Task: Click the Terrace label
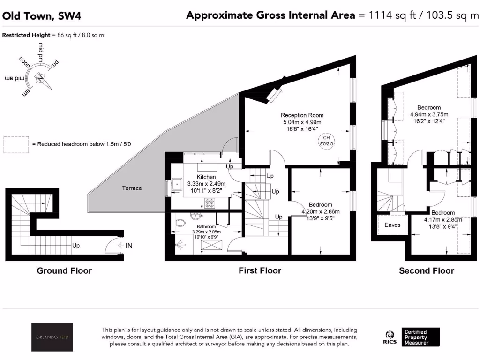point(132,188)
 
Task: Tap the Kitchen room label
point(206,177)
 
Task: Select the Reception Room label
point(302,115)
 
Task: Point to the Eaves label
point(392,225)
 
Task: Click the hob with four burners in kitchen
point(210,203)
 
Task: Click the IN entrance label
point(129,245)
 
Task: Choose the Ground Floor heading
point(64,270)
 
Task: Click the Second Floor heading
point(426,270)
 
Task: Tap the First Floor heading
point(260,270)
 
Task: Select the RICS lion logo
point(389,337)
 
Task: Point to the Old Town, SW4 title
point(42,16)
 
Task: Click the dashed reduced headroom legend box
point(15,145)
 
